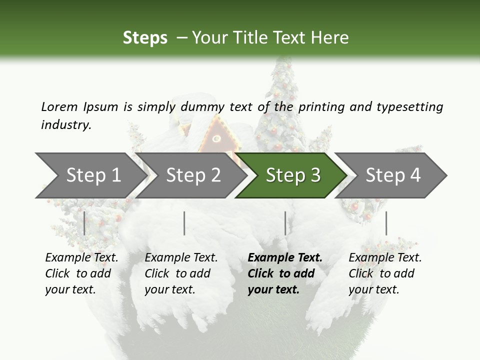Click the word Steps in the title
coord(145,38)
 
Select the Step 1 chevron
coord(92,175)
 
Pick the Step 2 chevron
coord(193,175)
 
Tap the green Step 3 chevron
coord(292,175)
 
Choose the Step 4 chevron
coord(392,175)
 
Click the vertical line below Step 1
coord(84,223)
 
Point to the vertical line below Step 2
coord(184,223)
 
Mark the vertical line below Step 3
coord(285,223)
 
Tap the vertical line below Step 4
coord(386,223)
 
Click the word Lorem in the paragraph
coord(59,107)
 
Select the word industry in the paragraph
coord(65,125)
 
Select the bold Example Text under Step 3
coord(285,258)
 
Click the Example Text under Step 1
coord(81,258)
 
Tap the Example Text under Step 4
coord(385,258)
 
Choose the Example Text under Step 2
coord(181,258)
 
